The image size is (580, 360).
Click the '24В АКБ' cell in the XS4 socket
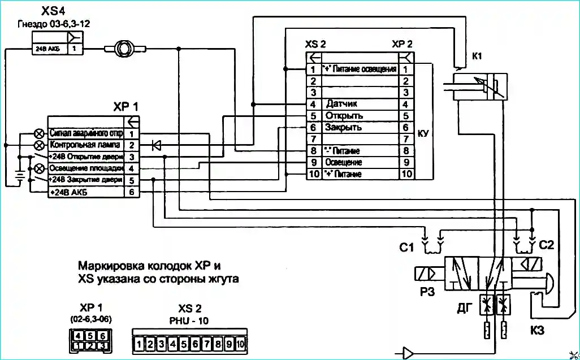[48, 49]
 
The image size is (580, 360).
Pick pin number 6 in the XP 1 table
[131, 192]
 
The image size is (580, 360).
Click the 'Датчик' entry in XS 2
[342, 104]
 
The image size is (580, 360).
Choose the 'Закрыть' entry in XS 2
[343, 128]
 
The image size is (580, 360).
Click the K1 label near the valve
[477, 56]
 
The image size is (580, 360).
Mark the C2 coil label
[547, 245]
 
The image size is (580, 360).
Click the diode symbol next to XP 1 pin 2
[157, 145]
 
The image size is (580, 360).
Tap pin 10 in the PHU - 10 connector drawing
[240, 344]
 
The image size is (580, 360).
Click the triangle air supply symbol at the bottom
[408, 353]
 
